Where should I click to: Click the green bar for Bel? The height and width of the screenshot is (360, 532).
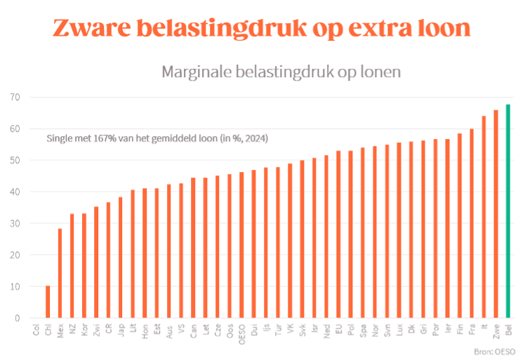coord(507,211)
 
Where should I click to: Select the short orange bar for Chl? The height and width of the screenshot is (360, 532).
coord(48,302)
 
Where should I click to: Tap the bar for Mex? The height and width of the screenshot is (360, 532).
coord(60,273)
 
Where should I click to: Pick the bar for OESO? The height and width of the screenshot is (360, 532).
coord(241,245)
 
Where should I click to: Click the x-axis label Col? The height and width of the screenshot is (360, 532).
coord(36,330)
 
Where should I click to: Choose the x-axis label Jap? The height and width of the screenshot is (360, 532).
coord(121,329)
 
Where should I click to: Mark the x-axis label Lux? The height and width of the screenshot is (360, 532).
coord(399,329)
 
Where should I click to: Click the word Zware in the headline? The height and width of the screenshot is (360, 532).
coord(89,29)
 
